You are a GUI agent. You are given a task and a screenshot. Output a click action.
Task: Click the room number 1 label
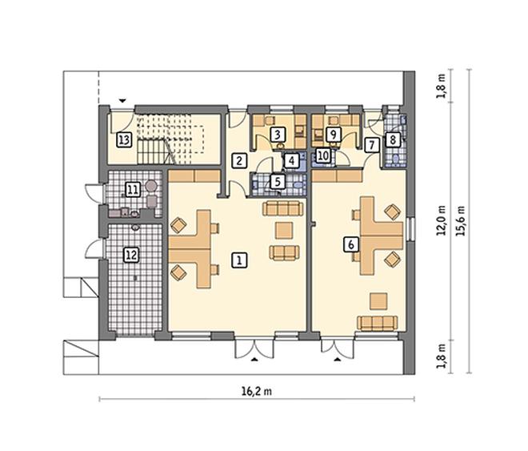(x=239, y=260)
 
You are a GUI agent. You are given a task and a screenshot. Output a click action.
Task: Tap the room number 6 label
(x=351, y=244)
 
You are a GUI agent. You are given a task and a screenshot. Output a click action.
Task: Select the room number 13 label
(x=124, y=139)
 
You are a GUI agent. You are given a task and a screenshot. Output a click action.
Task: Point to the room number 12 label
(x=131, y=255)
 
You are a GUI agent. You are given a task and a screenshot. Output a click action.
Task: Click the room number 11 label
(x=133, y=190)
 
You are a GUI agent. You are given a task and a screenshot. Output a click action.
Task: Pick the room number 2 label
(x=239, y=161)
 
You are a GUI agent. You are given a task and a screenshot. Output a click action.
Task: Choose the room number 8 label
(x=392, y=139)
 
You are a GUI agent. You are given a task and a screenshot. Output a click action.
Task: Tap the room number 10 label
(x=323, y=156)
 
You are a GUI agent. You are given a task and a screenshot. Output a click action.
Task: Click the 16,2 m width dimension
(x=257, y=391)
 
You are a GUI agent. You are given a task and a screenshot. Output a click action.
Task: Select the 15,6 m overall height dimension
(x=461, y=221)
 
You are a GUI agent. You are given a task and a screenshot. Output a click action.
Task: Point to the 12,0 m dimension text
(x=441, y=220)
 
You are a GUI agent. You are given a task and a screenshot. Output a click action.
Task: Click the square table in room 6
(x=378, y=301)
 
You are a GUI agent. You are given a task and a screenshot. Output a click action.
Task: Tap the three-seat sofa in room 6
(x=377, y=323)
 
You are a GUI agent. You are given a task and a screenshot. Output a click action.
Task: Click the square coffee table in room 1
(x=284, y=231)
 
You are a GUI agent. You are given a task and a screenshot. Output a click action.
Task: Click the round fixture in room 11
(x=151, y=185)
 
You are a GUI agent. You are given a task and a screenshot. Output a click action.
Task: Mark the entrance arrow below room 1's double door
(x=255, y=360)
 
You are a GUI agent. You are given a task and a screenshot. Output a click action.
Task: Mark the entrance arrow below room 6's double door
(x=338, y=360)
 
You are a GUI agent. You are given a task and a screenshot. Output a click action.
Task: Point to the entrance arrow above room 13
(x=122, y=100)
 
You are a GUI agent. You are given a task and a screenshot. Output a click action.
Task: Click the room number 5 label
(x=278, y=182)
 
